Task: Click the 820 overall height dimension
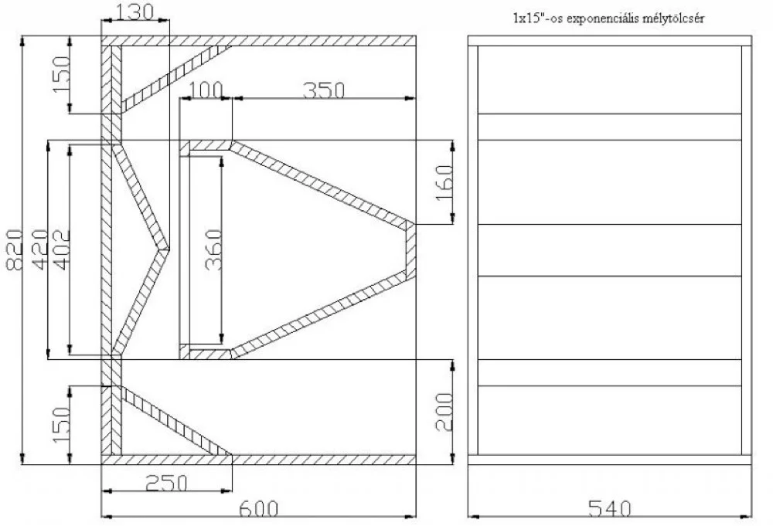14,249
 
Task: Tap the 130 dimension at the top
135,12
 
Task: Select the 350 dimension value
323,90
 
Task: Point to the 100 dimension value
206,90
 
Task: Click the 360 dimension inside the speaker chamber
214,249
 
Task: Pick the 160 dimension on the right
444,182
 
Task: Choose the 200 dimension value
444,412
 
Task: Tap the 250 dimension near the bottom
167,483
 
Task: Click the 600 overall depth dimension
259,508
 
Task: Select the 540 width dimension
610,508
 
